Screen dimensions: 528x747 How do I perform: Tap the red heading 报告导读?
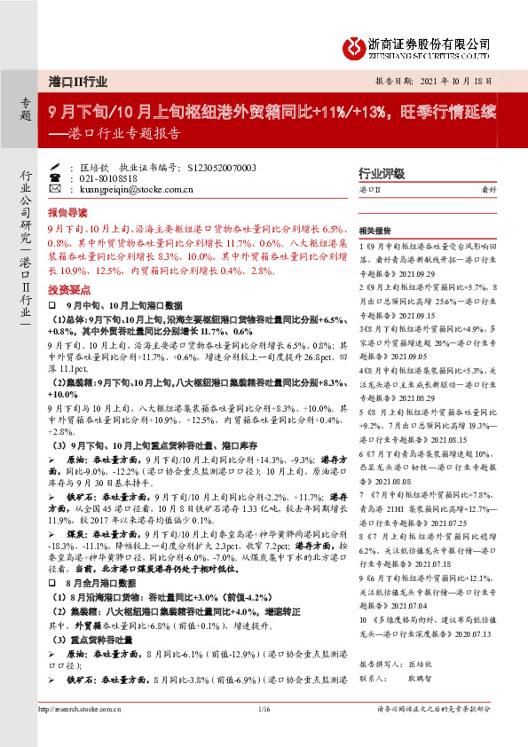pos(67,213)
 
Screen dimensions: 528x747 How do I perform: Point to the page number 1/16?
pos(264,709)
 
